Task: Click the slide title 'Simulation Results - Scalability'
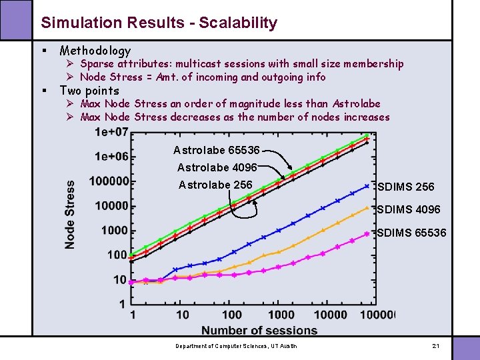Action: (x=159, y=23)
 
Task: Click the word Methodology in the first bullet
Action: (x=95, y=51)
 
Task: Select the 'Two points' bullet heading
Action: (x=89, y=91)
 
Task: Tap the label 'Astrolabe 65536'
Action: (x=216, y=150)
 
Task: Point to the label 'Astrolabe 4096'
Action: (x=217, y=167)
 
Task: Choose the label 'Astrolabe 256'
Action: (x=215, y=185)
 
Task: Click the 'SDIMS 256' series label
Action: (x=405, y=187)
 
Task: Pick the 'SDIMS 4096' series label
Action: (x=409, y=209)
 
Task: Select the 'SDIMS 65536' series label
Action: (x=411, y=233)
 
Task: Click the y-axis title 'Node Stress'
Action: (x=70, y=214)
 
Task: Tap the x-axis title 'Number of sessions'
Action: (x=259, y=330)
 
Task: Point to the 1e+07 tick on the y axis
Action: (x=111, y=131)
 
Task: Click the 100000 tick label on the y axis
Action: (x=111, y=181)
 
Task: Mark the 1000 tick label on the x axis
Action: (x=281, y=315)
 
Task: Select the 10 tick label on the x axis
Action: (x=182, y=315)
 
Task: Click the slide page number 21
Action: (x=436, y=346)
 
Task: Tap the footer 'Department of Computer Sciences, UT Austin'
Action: (x=236, y=346)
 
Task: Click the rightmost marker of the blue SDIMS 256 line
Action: (x=366, y=186)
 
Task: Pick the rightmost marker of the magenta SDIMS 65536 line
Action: (x=366, y=233)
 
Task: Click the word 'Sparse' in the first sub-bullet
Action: (x=97, y=64)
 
